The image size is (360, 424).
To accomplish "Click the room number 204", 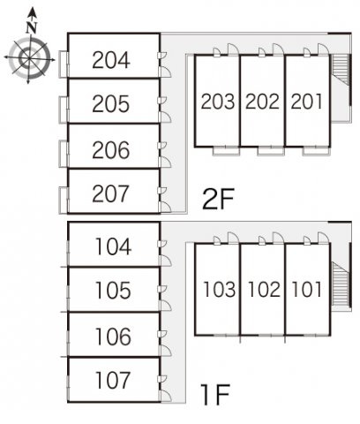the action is coord(111,60).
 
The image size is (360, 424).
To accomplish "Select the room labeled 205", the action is coord(111,104).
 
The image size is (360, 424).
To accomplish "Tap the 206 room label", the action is coord(111,150).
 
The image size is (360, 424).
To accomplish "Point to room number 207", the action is coord(110,193).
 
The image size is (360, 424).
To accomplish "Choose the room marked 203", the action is coord(218,102).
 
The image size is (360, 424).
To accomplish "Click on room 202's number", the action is coord(262,102).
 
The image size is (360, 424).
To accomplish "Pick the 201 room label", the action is coord(306,102).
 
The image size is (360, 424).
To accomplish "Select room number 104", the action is coord(113,246).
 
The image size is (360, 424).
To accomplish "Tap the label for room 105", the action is coord(113,291).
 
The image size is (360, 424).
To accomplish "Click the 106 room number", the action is coord(113,337).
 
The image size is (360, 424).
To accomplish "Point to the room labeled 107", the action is coord(113,380).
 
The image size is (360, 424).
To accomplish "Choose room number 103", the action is coord(220,289).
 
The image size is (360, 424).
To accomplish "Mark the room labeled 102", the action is coord(264,289).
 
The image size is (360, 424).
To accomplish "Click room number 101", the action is coord(307,289).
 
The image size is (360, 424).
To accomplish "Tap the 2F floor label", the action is coord(218,199).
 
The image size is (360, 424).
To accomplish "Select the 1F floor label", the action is coord(215,395).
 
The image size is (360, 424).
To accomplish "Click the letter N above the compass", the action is coord(32,27).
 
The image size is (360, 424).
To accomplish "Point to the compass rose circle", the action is coord(29,58).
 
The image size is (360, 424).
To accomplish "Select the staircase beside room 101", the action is coord(341,285).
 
